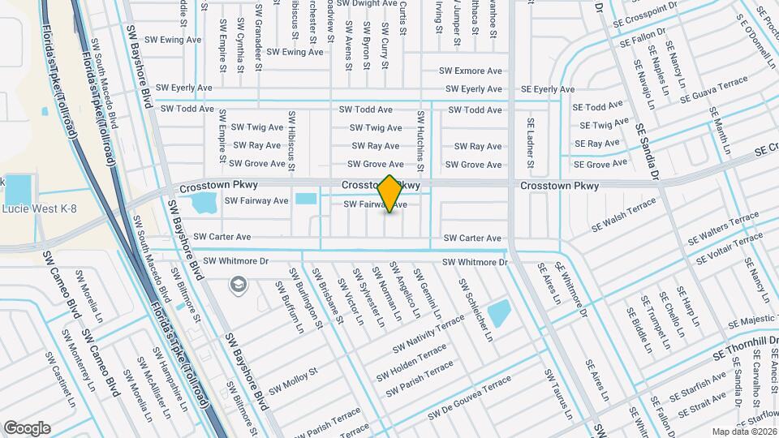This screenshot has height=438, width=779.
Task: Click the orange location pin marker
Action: [389, 193]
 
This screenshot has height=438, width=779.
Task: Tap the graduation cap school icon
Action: [238, 284]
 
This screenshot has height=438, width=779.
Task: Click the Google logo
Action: [27, 427]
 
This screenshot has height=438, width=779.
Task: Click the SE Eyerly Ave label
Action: [548, 88]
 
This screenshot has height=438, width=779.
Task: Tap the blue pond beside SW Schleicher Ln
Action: [499, 312]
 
